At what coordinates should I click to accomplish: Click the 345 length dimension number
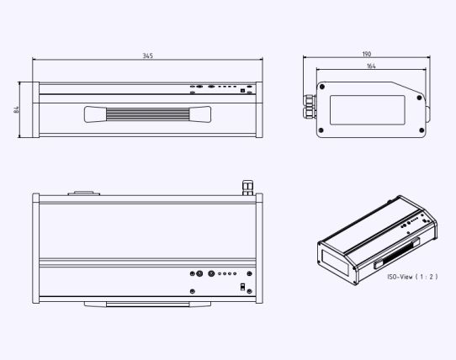tap(148, 56)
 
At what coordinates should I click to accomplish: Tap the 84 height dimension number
tap(17, 109)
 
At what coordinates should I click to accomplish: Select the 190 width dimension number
tap(367, 54)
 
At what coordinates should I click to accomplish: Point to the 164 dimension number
tap(371, 66)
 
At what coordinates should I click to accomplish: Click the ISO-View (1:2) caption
tap(412, 277)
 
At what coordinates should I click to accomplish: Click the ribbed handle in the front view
tap(147, 114)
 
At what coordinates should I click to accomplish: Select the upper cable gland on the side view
tap(310, 100)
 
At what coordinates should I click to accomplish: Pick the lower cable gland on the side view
tap(310, 112)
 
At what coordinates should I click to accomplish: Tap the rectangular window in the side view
tap(368, 110)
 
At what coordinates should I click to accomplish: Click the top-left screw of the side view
tap(322, 87)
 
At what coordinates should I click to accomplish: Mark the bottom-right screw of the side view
tap(422, 130)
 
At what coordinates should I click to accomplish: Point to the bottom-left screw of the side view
tap(321, 130)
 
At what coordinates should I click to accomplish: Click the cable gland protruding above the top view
tap(248, 188)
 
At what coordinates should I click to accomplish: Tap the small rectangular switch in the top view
tap(242, 287)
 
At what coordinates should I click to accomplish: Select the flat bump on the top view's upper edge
tap(84, 193)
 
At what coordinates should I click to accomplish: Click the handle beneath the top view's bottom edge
tap(147, 304)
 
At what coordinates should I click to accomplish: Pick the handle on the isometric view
tap(397, 253)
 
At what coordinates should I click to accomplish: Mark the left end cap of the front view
tap(36, 109)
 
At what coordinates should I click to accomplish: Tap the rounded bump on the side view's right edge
tap(428, 112)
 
